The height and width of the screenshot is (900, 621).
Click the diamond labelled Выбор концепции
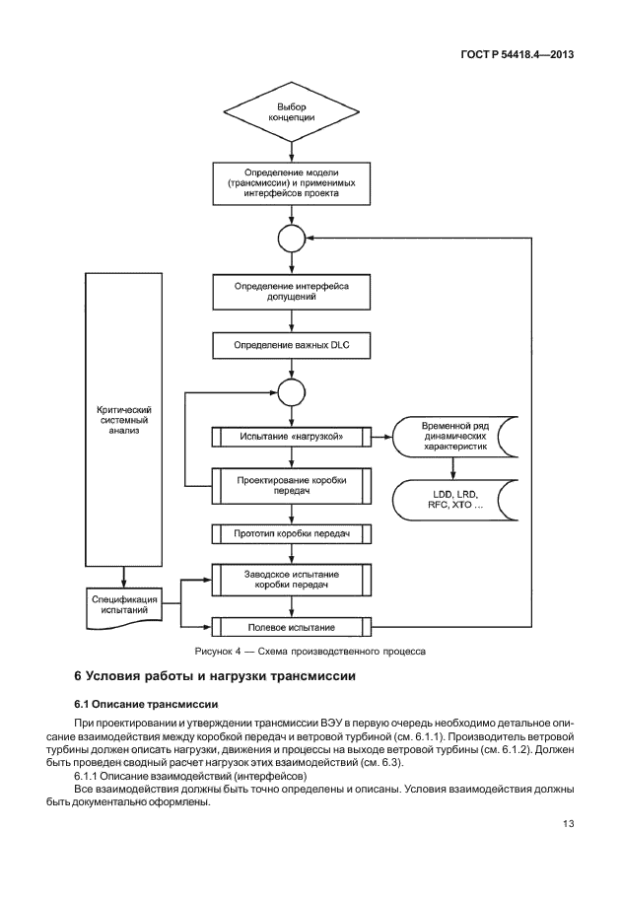point(291,111)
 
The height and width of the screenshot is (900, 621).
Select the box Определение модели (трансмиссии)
point(291,183)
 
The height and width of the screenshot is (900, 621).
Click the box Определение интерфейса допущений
point(291,291)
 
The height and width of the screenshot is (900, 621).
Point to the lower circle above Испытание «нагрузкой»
point(291,391)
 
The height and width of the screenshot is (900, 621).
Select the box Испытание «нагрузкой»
point(291,436)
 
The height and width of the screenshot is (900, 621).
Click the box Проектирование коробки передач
point(291,484)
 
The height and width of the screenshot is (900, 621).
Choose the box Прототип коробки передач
point(291,534)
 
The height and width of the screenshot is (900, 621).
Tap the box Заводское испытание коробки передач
point(291,580)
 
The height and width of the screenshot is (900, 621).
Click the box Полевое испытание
point(291,626)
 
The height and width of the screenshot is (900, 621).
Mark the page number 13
point(568,824)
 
